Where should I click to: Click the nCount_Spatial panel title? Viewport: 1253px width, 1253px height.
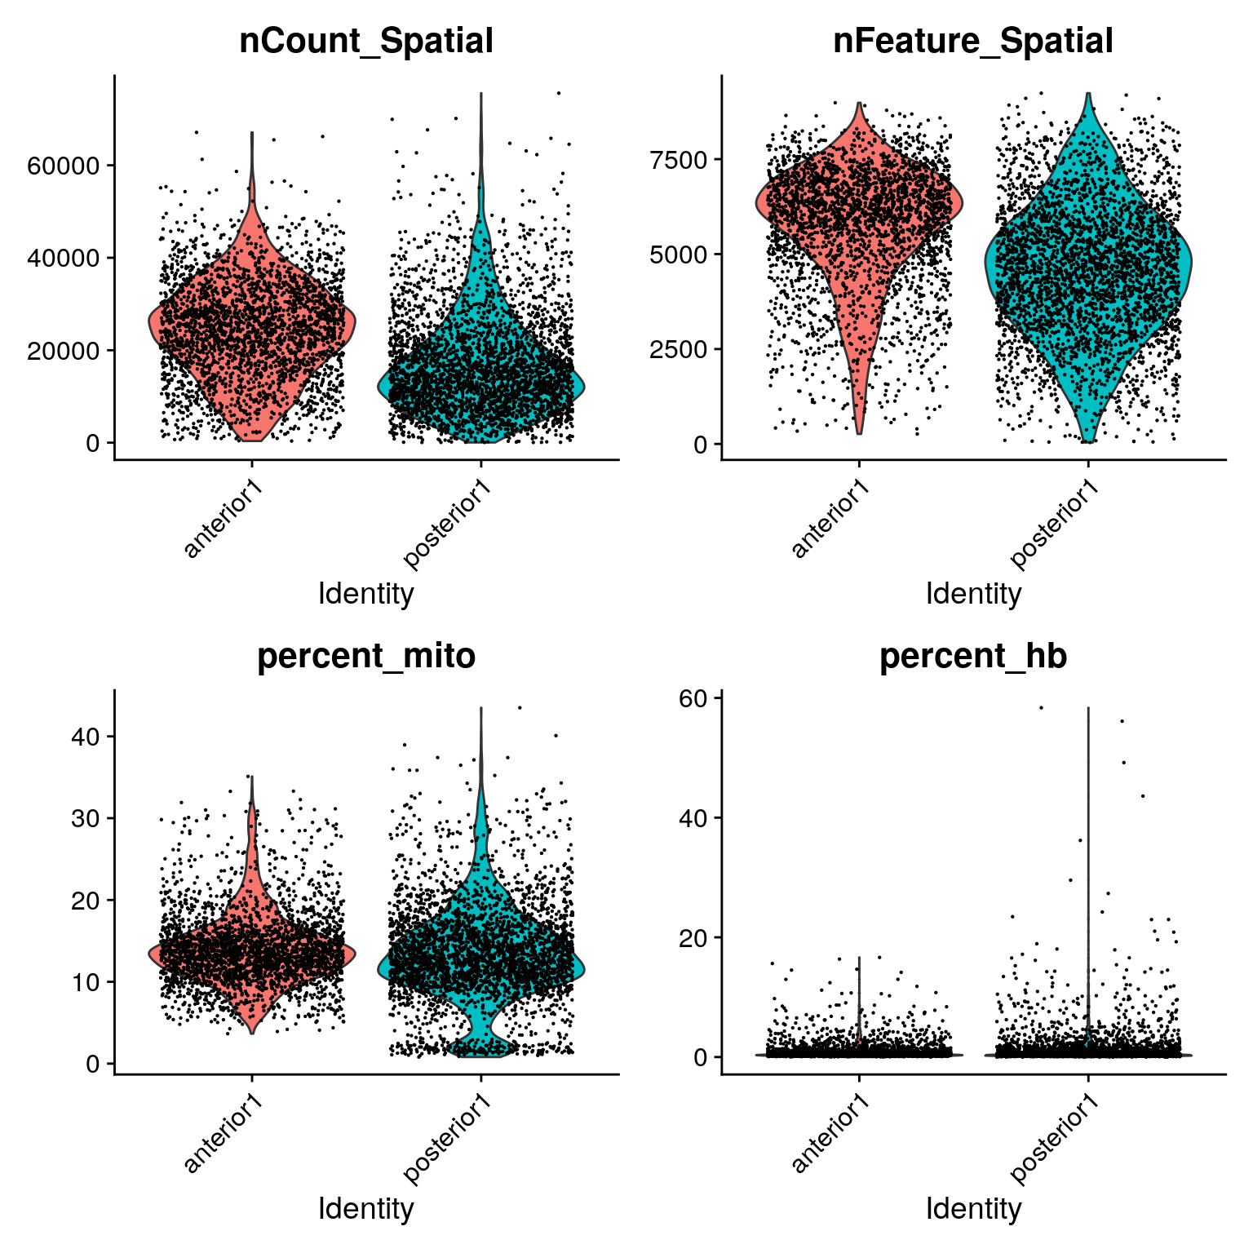[365, 41]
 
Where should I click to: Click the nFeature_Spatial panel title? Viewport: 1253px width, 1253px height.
[972, 41]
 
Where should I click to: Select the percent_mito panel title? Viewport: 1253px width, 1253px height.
[365, 656]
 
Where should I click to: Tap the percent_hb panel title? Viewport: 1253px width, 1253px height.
[972, 656]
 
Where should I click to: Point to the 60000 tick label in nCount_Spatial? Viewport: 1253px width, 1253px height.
[63, 166]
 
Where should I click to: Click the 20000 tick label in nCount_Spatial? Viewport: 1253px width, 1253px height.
[63, 351]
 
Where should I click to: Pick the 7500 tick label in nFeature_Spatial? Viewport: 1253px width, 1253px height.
[678, 160]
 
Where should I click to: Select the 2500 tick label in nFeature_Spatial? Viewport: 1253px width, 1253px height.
[678, 350]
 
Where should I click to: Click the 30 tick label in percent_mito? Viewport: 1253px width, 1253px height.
[85, 819]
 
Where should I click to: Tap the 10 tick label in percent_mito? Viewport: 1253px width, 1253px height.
[85, 982]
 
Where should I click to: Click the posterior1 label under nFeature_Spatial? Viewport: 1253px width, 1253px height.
[1054, 525]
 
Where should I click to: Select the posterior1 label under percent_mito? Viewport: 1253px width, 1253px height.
[447, 1140]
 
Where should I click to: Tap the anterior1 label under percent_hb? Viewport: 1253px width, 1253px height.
[830, 1135]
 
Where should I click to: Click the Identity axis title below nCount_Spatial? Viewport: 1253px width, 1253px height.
[365, 594]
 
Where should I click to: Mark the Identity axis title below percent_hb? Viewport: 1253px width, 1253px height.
[972, 1208]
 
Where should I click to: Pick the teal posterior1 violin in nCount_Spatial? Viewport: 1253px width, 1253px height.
[481, 383]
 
